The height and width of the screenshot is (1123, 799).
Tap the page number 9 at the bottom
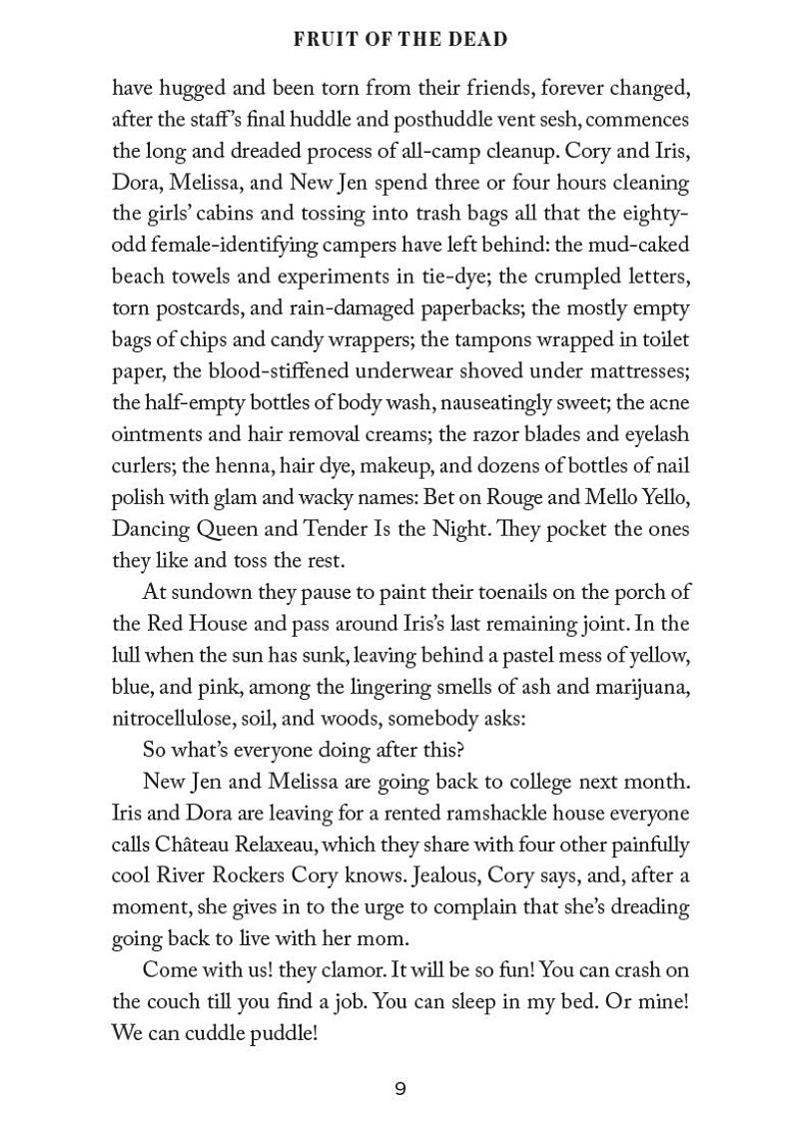pos(399,1089)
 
